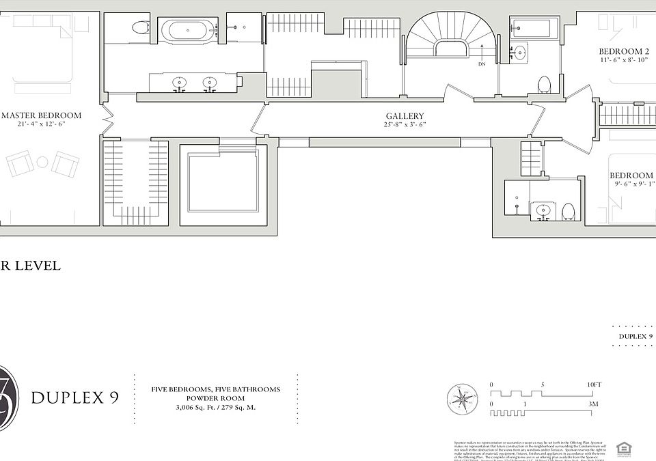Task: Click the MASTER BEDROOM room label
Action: tap(41, 115)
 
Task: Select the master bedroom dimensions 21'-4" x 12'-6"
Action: tap(41, 124)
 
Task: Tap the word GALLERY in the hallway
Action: tap(405, 116)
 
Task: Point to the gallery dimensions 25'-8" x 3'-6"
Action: tap(405, 125)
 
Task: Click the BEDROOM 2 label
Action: tap(624, 52)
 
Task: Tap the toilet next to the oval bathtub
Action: tap(141, 28)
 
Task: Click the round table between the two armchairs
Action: tap(42, 163)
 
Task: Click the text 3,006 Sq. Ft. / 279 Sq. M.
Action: tap(215, 408)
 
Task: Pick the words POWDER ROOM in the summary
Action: tap(215, 399)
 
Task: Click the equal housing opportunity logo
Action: tap(623, 448)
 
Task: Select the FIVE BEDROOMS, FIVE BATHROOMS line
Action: tap(215, 389)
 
